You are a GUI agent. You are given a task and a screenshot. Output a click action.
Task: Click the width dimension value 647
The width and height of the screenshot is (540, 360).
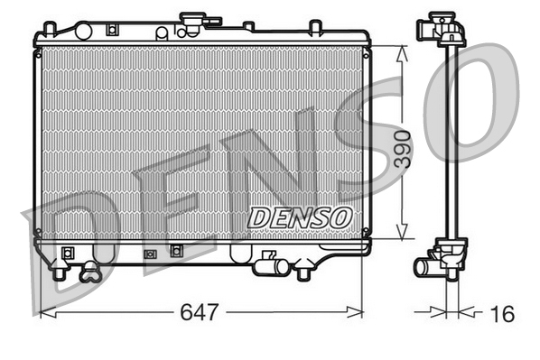[200, 313]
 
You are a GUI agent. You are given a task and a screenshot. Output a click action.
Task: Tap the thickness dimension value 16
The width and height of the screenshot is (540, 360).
[503, 313]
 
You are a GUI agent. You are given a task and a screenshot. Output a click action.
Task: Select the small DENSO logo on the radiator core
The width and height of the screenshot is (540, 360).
[299, 217]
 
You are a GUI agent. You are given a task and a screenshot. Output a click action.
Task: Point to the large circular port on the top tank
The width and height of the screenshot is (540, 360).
[161, 32]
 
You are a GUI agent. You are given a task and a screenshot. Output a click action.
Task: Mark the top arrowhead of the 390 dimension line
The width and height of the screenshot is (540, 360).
[402, 51]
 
